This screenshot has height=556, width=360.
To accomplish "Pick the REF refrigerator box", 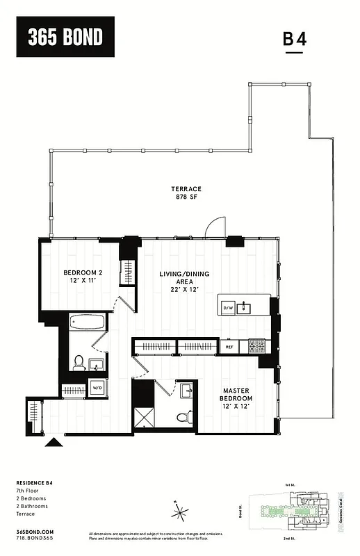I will pos(229,345).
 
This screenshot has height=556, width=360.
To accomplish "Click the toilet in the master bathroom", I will pos(183,416).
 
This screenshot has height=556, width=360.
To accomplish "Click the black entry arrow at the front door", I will pos(52,443).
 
